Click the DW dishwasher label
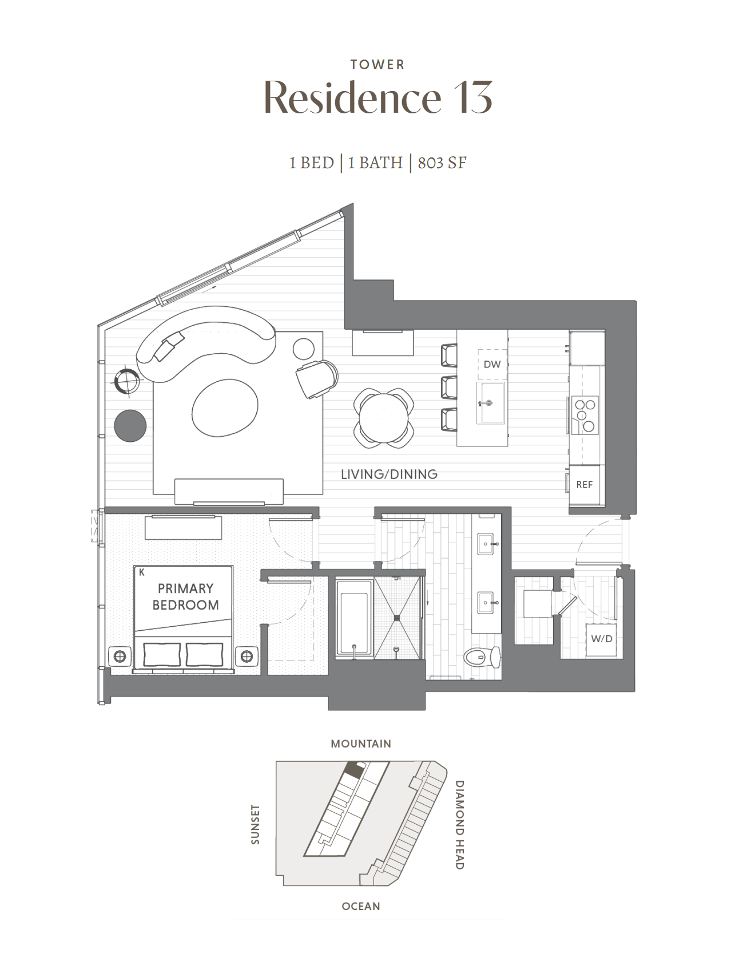click(x=492, y=364)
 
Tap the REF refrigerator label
click(x=585, y=485)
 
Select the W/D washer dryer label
click(x=602, y=638)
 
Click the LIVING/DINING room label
click(x=389, y=474)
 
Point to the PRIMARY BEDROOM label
click(x=185, y=596)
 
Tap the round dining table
click(x=383, y=417)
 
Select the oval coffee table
click(x=225, y=408)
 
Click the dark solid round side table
click(x=130, y=426)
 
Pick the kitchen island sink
click(x=491, y=403)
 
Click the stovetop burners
click(x=585, y=414)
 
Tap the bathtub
click(x=355, y=619)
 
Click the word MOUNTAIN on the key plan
click(x=361, y=744)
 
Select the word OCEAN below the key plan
click(x=361, y=906)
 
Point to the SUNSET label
click(x=255, y=824)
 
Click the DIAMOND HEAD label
click(x=459, y=825)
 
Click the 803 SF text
click(x=442, y=163)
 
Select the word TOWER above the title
click(x=378, y=65)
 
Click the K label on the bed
click(x=141, y=572)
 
